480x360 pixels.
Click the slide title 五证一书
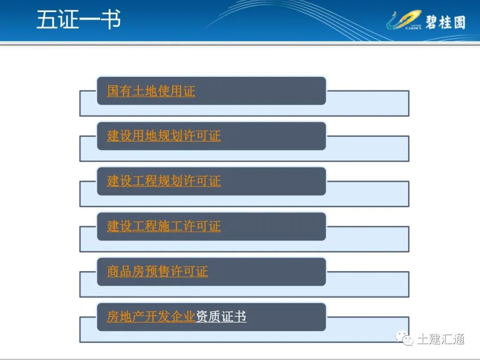click(78, 20)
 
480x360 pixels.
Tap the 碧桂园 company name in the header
click(445, 21)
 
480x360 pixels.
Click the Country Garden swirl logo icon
click(403, 20)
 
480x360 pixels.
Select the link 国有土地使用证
click(151, 91)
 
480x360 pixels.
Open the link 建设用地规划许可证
click(164, 136)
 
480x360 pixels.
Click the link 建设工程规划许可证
click(164, 181)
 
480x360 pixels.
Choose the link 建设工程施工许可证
click(164, 226)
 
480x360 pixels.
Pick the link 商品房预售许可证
click(157, 272)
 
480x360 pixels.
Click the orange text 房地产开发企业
click(151, 316)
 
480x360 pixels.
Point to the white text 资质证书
click(221, 316)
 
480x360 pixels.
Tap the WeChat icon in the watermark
click(405, 339)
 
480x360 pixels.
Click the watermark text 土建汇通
click(440, 339)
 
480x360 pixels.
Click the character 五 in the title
click(46, 20)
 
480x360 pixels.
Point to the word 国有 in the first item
click(120, 91)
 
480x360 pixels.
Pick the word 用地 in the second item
click(145, 136)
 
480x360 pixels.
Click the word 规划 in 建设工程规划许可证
click(170, 181)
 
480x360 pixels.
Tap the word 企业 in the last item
click(183, 316)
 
